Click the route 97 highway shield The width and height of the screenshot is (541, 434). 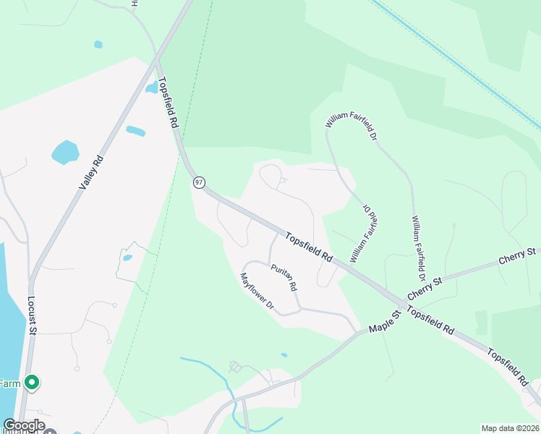(200, 182)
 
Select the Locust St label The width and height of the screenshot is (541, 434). (32, 315)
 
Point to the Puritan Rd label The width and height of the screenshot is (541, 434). (284, 278)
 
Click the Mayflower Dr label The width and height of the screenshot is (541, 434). (257, 292)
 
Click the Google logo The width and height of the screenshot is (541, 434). (24, 425)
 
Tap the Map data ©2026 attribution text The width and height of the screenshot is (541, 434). (510, 428)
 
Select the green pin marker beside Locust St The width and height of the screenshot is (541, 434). (31, 382)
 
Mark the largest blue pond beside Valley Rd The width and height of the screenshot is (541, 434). (65, 152)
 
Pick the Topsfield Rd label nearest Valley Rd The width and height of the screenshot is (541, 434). (168, 103)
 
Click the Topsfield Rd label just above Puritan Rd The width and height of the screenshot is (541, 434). (308, 247)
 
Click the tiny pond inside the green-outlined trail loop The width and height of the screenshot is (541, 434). (127, 258)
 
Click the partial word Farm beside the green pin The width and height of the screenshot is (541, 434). (9, 383)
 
